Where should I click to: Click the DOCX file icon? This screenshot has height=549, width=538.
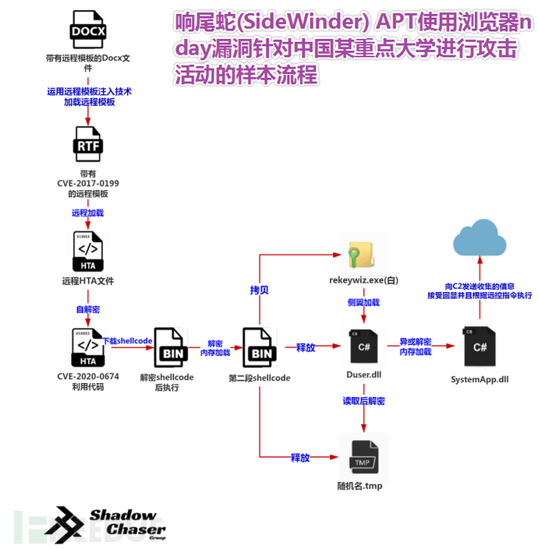point(88,31)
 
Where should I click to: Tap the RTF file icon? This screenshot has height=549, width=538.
point(87,145)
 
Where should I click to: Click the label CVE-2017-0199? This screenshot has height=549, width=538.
point(87,184)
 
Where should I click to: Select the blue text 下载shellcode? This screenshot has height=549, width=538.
point(128,340)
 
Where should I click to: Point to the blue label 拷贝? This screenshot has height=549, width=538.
point(260,290)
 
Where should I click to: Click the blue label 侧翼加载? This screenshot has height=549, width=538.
point(363,302)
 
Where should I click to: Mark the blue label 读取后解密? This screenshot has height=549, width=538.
point(363,401)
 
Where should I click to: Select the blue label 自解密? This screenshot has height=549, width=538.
point(87,309)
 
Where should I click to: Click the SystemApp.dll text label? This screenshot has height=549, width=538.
point(480,379)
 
